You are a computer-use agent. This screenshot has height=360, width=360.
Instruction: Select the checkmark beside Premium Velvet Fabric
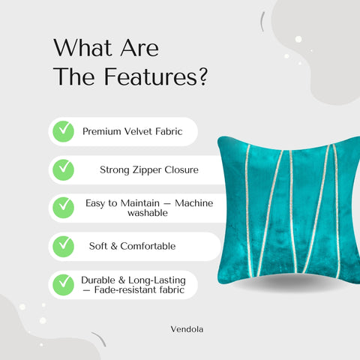pyautogui.click(x=63, y=131)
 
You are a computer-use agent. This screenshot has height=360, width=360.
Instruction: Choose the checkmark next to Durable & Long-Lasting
pyautogui.click(x=63, y=284)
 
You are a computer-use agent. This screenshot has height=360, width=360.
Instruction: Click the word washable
pyautogui.click(x=146, y=213)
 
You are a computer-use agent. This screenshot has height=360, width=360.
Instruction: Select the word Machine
pyautogui.click(x=193, y=202)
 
